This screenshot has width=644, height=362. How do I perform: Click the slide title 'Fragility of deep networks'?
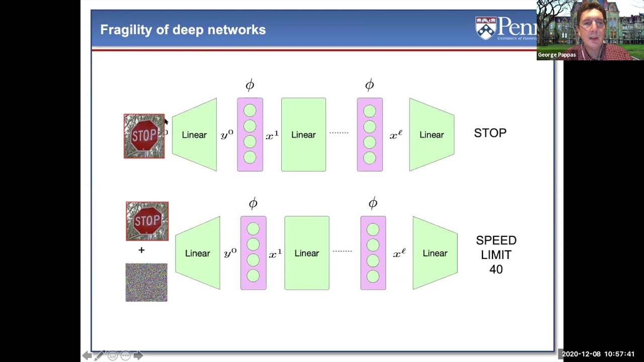[x=183, y=30]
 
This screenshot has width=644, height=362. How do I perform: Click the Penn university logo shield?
[x=486, y=28]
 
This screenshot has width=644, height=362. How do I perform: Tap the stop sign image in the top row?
[x=144, y=136]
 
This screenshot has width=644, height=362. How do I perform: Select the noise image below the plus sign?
[x=146, y=283]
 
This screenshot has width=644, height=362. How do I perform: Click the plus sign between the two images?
[x=141, y=250]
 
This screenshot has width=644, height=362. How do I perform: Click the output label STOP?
[x=490, y=133]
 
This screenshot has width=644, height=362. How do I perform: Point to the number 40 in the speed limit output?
[x=496, y=269]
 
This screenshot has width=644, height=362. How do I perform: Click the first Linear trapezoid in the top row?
[x=194, y=135]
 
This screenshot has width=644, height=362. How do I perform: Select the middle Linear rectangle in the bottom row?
[x=307, y=253]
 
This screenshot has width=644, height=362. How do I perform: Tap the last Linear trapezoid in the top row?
[x=432, y=135]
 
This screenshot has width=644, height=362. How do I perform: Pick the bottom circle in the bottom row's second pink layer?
[x=373, y=276]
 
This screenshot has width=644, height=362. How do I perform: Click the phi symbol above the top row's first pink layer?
[x=250, y=85]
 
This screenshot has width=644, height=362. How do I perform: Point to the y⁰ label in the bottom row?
[x=230, y=253]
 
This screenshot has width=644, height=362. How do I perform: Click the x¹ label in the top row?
[x=272, y=135]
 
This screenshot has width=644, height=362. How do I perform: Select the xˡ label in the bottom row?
[x=399, y=253]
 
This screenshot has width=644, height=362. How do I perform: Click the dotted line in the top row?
[x=339, y=133]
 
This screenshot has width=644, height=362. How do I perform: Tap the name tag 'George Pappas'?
[x=556, y=55]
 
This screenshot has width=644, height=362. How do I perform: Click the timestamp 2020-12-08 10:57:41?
[x=598, y=354]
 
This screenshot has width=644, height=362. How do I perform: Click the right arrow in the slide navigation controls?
[x=138, y=355]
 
